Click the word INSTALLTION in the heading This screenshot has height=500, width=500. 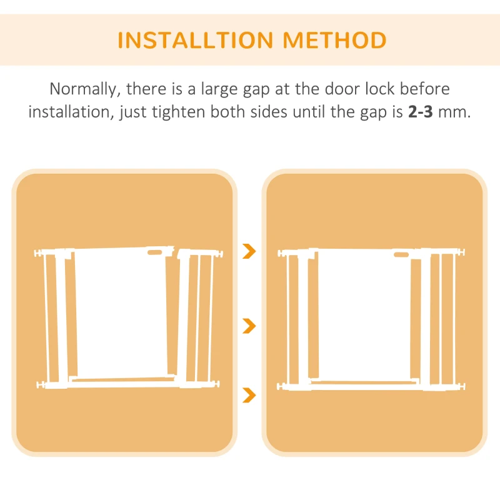coord(196,40)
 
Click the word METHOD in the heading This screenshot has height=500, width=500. coord(334,40)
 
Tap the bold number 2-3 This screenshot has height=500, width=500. coord(420,112)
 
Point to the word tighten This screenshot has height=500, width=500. coord(178,112)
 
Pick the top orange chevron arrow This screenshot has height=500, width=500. coord(249,251)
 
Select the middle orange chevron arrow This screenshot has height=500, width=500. coord(249,326)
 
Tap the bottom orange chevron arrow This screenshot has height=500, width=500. coord(249,395)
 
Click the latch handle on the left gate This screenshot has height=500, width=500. coord(154,252)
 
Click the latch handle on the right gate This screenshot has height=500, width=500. coord(401,254)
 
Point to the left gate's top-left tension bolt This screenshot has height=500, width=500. coord(39,253)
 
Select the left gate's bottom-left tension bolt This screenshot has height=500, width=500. coord(41,385)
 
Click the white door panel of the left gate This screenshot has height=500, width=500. coord(121,312)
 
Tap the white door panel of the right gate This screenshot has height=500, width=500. coord(365,315)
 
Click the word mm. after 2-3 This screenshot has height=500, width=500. coord(454,112)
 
